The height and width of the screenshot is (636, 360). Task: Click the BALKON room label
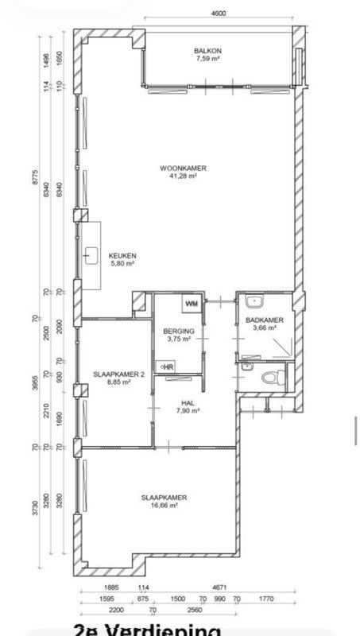point(208,51)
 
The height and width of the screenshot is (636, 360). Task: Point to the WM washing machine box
point(192,304)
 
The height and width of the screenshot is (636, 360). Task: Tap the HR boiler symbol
point(167,366)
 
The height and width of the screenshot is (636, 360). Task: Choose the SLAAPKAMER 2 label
point(118,374)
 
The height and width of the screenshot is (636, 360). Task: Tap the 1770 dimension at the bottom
point(266,599)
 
